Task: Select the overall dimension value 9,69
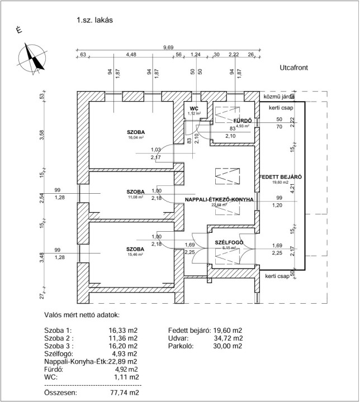(168, 47)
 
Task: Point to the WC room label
(194, 108)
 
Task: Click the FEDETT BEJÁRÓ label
(281, 177)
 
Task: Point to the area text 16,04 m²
(136, 137)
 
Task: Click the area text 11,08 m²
(136, 197)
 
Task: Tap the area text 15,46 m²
(136, 254)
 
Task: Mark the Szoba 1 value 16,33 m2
(124, 331)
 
